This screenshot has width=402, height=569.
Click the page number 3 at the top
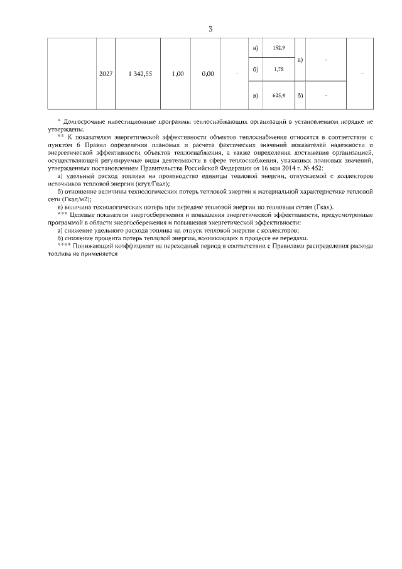(210, 29)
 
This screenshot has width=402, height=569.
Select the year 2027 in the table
(106, 74)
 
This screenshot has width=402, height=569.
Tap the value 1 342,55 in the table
(140, 74)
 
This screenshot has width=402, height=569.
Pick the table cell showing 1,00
(177, 74)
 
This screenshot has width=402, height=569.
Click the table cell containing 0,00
(209, 74)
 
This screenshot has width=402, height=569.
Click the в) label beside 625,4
(255, 96)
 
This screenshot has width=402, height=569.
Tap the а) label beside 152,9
(255, 48)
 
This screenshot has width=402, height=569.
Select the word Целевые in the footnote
(81, 215)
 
